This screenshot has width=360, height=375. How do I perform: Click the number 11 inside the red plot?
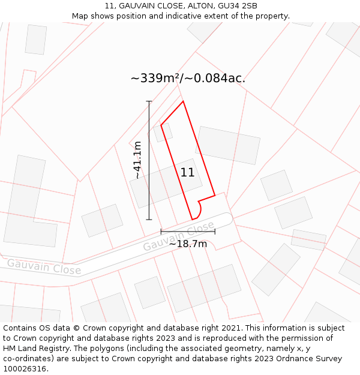(x=187, y=173)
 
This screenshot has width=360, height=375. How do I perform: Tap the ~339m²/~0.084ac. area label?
(x=188, y=79)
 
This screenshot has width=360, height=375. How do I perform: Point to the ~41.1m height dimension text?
(x=137, y=160)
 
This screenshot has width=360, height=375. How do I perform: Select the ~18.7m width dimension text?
(x=188, y=244)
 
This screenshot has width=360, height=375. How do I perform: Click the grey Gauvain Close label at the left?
(x=44, y=266)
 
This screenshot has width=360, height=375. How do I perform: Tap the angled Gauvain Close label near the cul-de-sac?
(x=178, y=236)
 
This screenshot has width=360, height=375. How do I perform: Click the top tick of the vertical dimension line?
(x=149, y=101)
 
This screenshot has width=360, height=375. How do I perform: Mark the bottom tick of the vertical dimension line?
(x=149, y=220)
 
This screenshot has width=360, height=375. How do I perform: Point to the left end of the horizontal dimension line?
(x=161, y=231)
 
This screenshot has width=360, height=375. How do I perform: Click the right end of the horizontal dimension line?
(x=215, y=231)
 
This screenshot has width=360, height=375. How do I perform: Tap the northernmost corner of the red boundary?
(x=183, y=101)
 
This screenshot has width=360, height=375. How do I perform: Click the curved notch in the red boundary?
(x=199, y=208)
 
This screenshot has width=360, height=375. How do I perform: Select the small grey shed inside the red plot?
(x=163, y=132)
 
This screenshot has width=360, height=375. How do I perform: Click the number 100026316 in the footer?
(x=25, y=369)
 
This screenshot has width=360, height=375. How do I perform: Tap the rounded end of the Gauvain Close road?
(x=226, y=218)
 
